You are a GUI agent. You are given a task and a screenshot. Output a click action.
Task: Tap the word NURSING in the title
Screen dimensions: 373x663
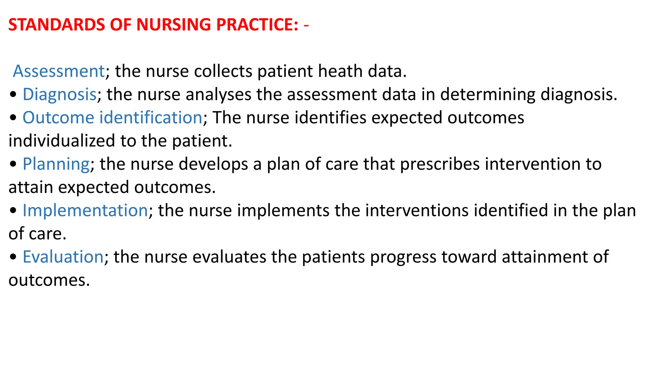pyautogui.click(x=173, y=25)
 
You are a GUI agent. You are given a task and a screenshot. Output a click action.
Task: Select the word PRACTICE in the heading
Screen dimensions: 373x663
pyautogui.click(x=257, y=25)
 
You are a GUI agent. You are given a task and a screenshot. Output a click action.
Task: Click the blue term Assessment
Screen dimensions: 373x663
pyautogui.click(x=59, y=71)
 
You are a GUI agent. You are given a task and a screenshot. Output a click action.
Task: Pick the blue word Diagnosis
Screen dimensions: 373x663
pyautogui.click(x=60, y=95)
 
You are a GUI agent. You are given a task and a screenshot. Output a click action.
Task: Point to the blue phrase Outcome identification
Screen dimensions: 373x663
pyautogui.click(x=112, y=118)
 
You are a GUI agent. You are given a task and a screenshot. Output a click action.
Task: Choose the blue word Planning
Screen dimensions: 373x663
pyautogui.click(x=56, y=164)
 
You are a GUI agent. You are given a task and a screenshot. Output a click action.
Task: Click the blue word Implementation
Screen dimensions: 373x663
pyautogui.click(x=85, y=210)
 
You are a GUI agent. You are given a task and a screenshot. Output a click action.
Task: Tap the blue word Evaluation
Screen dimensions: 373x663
pyautogui.click(x=63, y=257)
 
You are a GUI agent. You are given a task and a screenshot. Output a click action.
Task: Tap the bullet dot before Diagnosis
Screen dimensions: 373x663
pyautogui.click(x=13, y=95)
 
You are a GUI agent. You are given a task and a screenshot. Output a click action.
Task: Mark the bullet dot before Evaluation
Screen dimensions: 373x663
pyautogui.click(x=13, y=258)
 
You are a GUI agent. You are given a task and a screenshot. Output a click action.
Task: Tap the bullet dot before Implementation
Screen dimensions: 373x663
pyautogui.click(x=13, y=211)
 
